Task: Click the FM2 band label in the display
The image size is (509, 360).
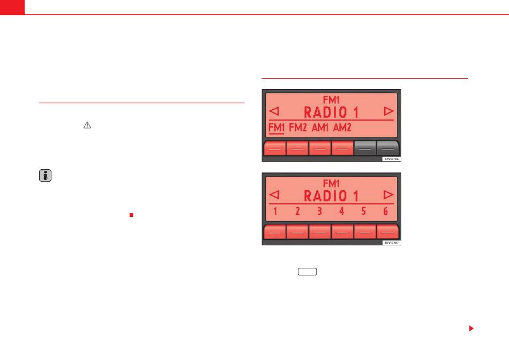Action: pyautogui.click(x=298, y=128)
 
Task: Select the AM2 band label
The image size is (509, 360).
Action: pyautogui.click(x=343, y=128)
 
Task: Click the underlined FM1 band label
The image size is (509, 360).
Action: pyautogui.click(x=276, y=128)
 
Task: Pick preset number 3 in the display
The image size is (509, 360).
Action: pyautogui.click(x=319, y=212)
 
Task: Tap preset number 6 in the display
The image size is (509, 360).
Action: pyautogui.click(x=385, y=212)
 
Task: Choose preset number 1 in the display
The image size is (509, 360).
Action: pyautogui.click(x=275, y=212)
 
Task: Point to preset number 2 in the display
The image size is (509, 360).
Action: pyautogui.click(x=297, y=212)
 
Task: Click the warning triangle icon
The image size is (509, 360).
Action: pyautogui.click(x=88, y=124)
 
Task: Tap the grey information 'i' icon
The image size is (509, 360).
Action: pyautogui.click(x=46, y=176)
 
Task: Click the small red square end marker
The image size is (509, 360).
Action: pyautogui.click(x=131, y=215)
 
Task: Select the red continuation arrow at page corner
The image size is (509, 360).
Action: pyautogui.click(x=471, y=328)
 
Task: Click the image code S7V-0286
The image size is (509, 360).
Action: pyautogui.click(x=392, y=159)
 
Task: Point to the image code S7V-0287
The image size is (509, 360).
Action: pyautogui.click(x=392, y=243)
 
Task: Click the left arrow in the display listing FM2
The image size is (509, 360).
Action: pyautogui.click(x=274, y=111)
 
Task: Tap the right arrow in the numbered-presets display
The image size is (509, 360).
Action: pyautogui.click(x=388, y=194)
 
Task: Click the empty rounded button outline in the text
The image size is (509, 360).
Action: pyautogui.click(x=308, y=272)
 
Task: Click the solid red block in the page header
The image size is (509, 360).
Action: pyautogui.click(x=12, y=7)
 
